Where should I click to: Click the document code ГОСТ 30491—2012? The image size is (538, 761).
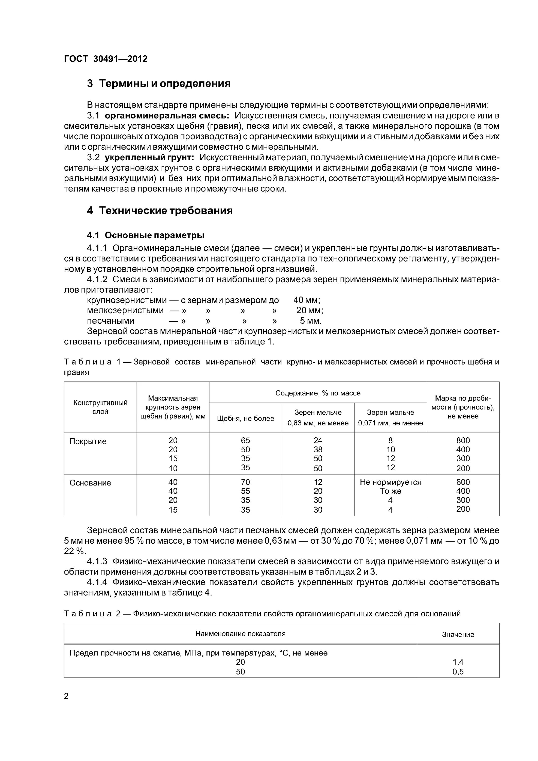(x=106, y=59)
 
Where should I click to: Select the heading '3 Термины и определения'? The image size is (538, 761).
(x=159, y=83)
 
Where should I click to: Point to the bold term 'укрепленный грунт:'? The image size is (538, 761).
(x=149, y=158)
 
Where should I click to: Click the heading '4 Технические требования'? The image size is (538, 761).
(x=160, y=211)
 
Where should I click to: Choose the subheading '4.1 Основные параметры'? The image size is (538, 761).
(x=146, y=235)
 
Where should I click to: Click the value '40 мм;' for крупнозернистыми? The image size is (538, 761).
(x=306, y=300)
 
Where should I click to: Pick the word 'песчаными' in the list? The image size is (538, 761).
(x=110, y=321)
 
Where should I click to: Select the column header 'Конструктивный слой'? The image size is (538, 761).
(x=100, y=407)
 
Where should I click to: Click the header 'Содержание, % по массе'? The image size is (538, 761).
(x=318, y=393)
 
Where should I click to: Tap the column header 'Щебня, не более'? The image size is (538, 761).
(x=245, y=419)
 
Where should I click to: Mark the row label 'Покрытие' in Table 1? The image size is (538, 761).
(x=88, y=441)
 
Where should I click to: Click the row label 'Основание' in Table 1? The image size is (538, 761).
(x=90, y=483)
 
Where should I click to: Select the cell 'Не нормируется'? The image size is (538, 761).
(x=390, y=482)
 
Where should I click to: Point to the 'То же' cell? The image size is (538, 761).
(x=390, y=491)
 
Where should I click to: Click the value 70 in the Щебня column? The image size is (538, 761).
(x=245, y=482)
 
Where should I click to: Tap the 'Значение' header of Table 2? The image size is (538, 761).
(x=458, y=634)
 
